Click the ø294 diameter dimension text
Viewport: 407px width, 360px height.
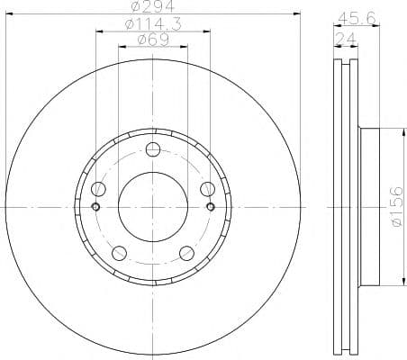153,9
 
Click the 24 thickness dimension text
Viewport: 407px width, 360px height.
344,38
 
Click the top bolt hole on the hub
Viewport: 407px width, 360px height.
153,149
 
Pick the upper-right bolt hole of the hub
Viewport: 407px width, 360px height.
207,188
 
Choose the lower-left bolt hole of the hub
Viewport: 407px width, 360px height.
119,252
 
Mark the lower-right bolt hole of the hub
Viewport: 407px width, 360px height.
186,252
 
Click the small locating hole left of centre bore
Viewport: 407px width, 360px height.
95,206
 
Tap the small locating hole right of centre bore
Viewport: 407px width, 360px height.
211,206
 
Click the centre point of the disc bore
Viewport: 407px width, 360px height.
153,206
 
